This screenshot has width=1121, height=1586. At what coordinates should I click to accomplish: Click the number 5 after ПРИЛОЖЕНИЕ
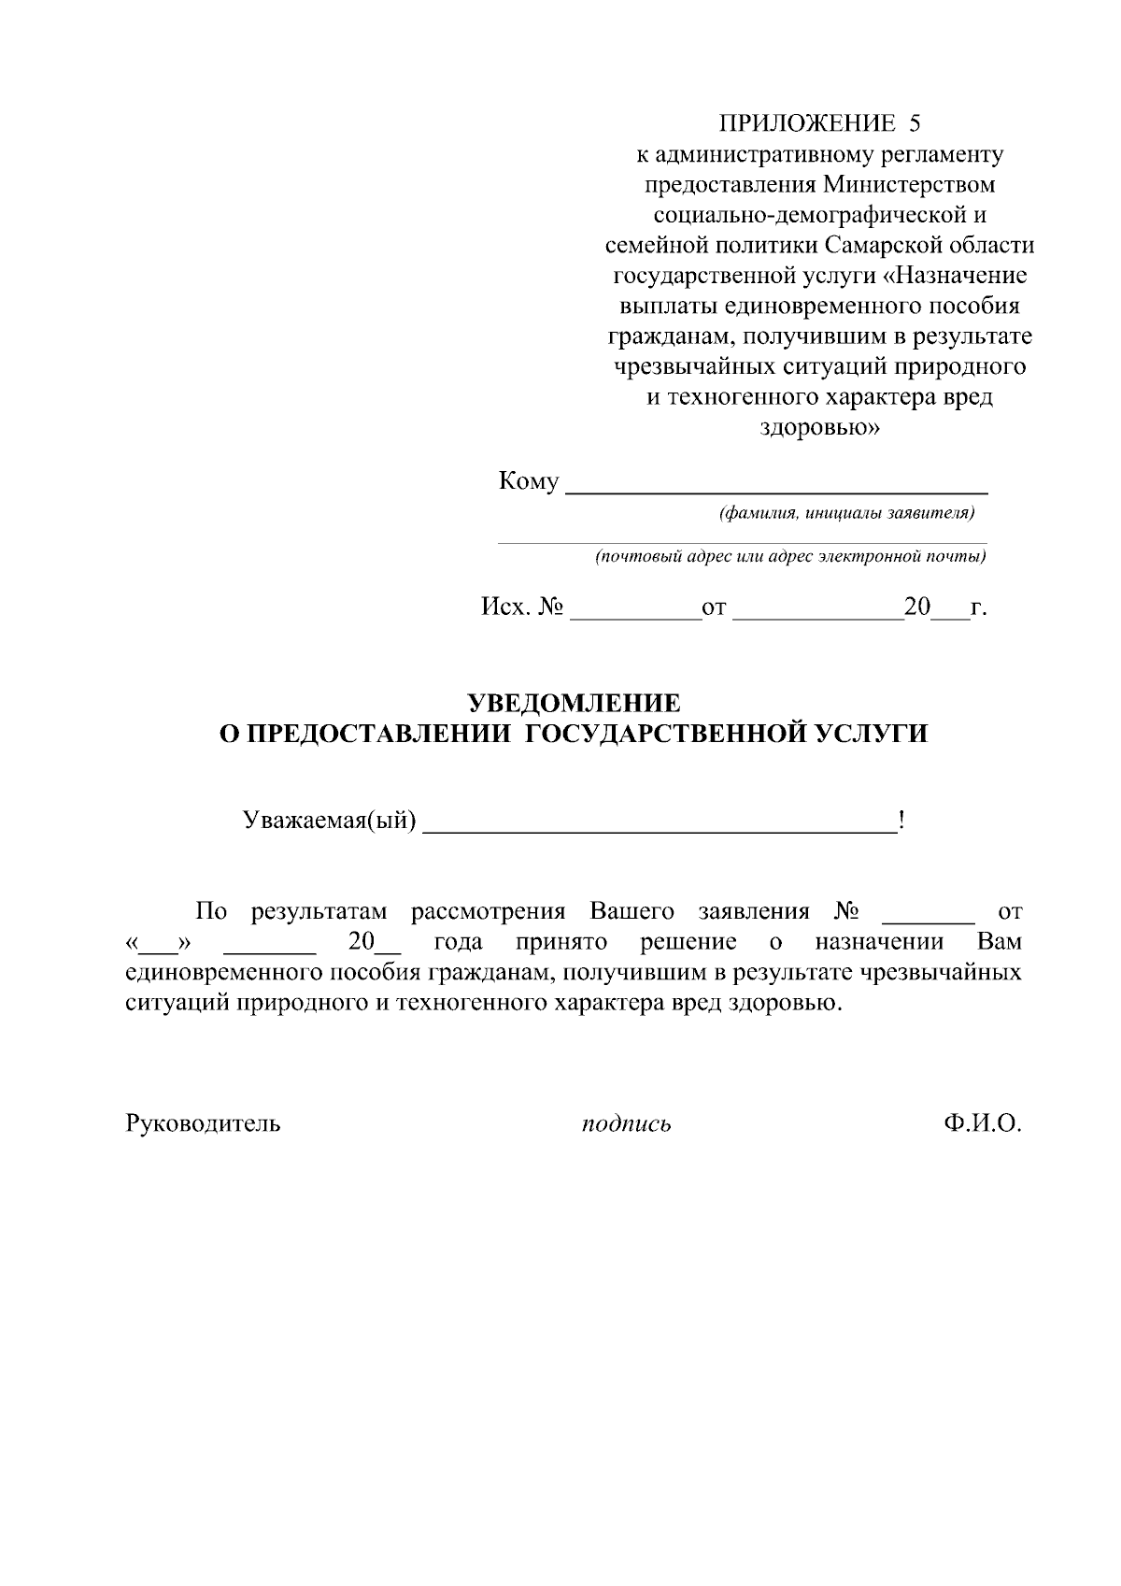coord(915,122)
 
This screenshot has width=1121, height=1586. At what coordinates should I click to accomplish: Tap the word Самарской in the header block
coord(896,245)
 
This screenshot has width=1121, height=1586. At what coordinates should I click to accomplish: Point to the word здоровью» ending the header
coord(816,428)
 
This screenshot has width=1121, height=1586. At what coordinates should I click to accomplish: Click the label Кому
coord(529,482)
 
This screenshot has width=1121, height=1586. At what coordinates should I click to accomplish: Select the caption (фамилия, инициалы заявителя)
coord(846,513)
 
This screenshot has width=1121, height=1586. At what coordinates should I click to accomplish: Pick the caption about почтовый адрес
coord(790,557)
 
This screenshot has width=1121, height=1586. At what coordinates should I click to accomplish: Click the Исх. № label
coord(522,607)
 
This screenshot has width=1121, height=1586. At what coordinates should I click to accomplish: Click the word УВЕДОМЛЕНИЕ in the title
coord(573,703)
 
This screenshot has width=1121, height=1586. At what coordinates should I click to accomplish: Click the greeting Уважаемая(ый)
coord(329,821)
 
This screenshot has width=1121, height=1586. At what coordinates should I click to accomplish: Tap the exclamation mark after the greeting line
coord(901,821)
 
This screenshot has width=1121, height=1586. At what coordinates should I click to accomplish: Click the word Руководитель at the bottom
coord(203,1122)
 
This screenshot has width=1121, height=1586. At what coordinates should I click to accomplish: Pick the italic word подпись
coord(626,1123)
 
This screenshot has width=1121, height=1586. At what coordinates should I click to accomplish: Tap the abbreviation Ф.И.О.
coord(982,1122)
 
